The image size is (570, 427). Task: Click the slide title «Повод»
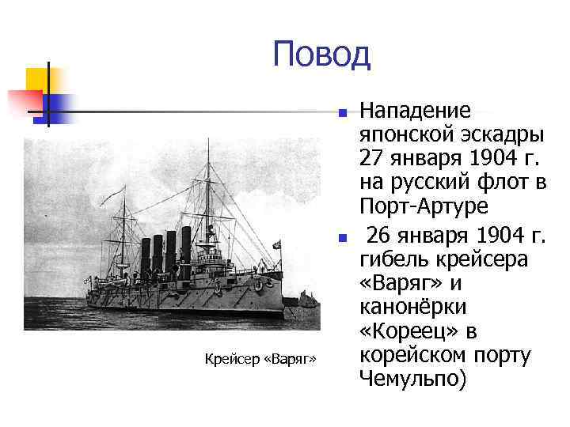(321, 55)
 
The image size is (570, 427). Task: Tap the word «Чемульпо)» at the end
(412, 378)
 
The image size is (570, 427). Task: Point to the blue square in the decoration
(58, 107)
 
